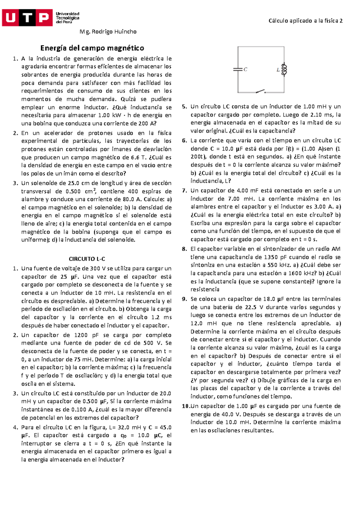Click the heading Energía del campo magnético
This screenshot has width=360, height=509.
[92, 48]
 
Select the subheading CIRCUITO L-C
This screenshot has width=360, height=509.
[87, 259]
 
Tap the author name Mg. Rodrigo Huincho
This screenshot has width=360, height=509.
[108, 32]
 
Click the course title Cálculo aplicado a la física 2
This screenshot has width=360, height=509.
[305, 21]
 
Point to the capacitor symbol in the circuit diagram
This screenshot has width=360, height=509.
[238, 69]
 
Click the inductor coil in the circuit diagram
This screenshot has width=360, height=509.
[284, 69]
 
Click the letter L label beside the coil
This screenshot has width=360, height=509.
[278, 70]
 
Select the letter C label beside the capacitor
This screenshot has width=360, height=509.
[245, 70]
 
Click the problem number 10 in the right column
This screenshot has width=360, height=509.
[186, 406]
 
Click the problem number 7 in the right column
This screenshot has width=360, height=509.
[184, 190]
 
